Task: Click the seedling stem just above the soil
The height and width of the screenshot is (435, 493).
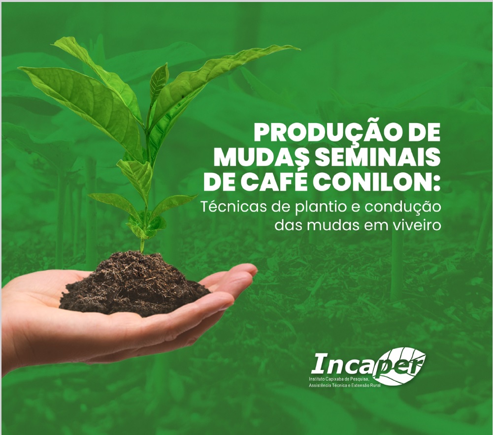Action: coord(142,245)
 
